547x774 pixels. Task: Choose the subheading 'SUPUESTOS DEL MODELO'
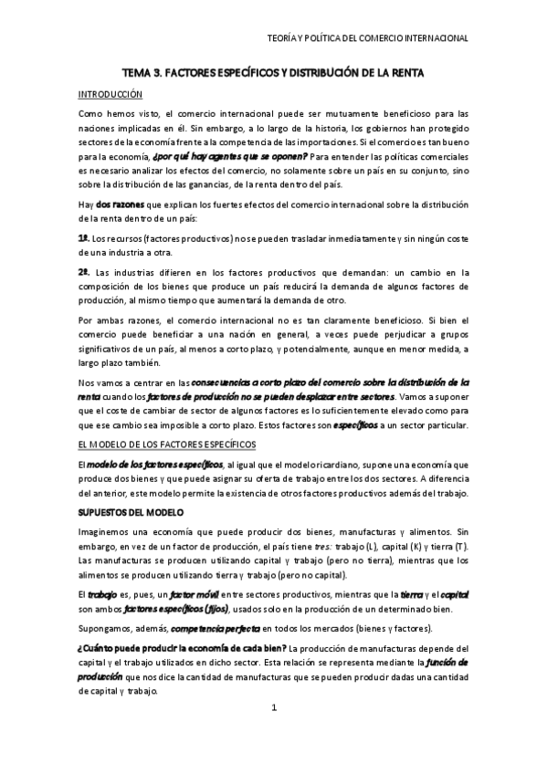pyautogui.click(x=131, y=511)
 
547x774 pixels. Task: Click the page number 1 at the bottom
pyautogui.click(x=273, y=708)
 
